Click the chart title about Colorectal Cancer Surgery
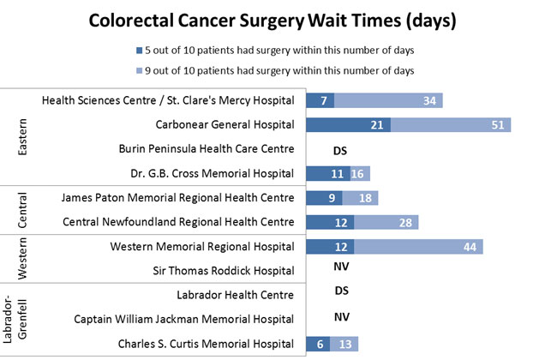pos(272,19)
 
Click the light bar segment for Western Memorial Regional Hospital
pos(418,247)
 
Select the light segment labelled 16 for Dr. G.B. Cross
pos(360,173)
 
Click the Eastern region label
pos(22,137)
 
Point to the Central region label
pos(22,209)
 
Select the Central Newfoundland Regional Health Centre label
pos(179,222)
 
